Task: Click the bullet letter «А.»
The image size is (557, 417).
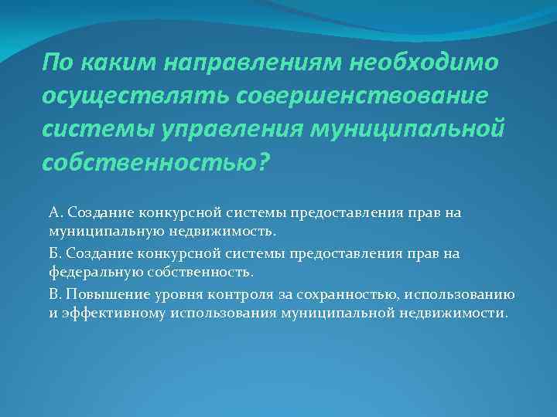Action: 56,212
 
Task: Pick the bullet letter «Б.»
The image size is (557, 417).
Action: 56,253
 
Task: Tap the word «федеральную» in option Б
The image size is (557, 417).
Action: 88,272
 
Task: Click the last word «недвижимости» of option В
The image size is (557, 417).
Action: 462,314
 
